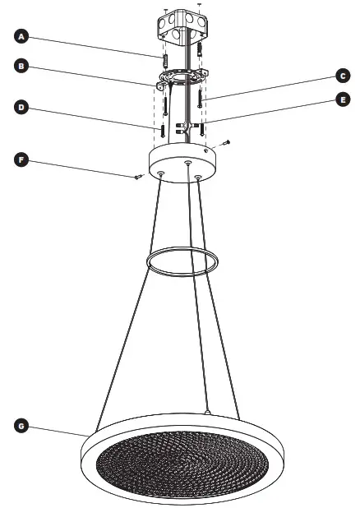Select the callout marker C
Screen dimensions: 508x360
click(342, 76)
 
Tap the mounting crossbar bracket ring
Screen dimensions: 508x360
click(182, 81)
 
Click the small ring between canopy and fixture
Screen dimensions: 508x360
click(182, 261)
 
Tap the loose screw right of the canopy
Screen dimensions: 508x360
click(225, 143)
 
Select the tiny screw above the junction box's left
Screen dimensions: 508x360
click(166, 10)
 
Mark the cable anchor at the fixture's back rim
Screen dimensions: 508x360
click(208, 410)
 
